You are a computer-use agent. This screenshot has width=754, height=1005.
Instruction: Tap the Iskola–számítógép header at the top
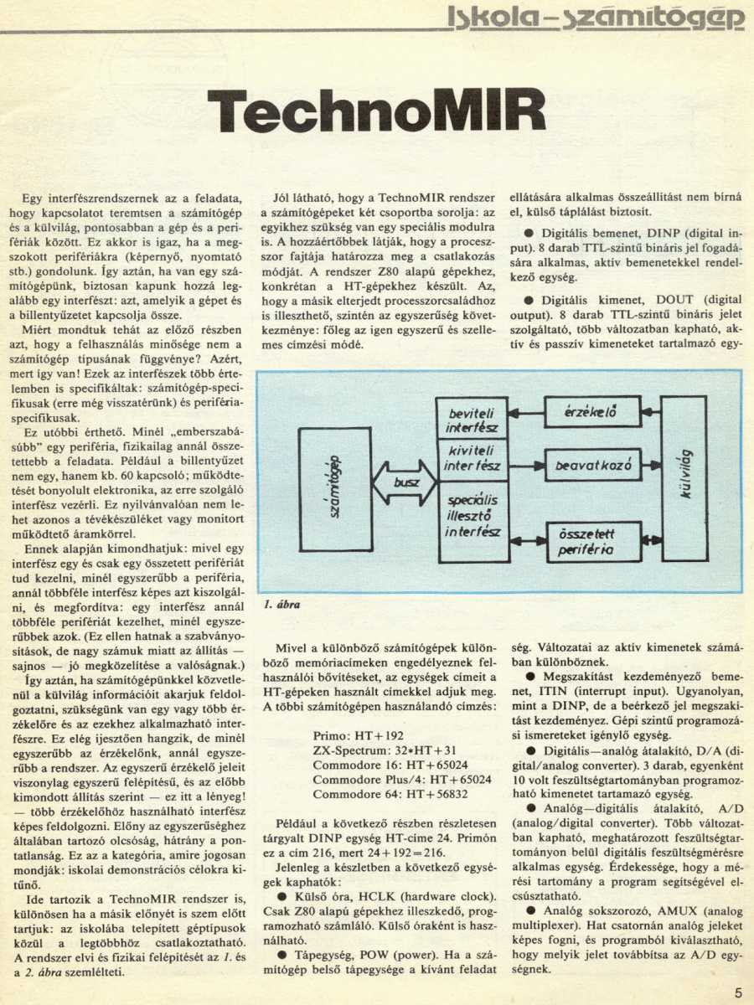coord(596,17)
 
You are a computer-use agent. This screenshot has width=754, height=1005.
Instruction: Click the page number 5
coord(738,992)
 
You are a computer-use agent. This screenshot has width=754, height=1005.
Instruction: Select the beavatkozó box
coord(592,463)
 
